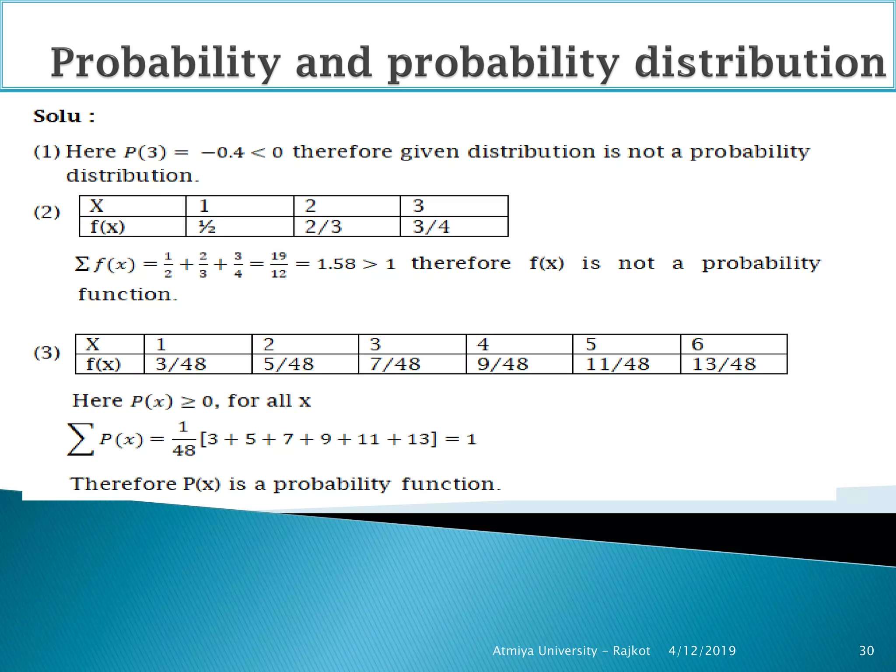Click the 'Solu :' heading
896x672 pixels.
(x=64, y=116)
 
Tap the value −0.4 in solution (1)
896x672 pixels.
(x=223, y=152)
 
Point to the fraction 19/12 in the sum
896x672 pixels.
(x=279, y=265)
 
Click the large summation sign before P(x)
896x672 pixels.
(x=80, y=439)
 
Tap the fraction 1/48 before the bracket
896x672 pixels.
(x=183, y=439)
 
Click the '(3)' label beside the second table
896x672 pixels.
(x=47, y=353)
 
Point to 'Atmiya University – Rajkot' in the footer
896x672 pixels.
(x=571, y=651)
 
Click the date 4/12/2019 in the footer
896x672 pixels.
(x=702, y=651)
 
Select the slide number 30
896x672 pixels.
(x=866, y=651)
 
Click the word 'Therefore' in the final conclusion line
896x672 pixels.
(x=123, y=484)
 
